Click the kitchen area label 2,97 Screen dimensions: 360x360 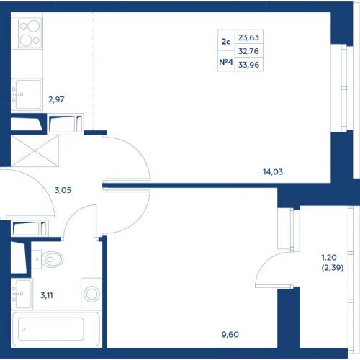(x=56, y=99)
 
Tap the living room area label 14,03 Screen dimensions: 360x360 (x=273, y=172)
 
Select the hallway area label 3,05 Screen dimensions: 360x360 (x=63, y=190)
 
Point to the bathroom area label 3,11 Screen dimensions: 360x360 (x=47, y=295)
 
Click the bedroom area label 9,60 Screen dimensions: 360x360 (x=230, y=334)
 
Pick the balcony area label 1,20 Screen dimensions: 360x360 (x=329, y=258)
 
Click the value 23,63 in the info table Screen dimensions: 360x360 (x=248, y=37)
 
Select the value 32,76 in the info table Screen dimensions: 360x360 (x=248, y=51)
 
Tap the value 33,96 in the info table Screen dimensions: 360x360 (x=248, y=65)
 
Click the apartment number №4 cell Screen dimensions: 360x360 (x=226, y=62)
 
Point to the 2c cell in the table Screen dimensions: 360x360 (x=226, y=42)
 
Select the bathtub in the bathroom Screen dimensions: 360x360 (x=56, y=329)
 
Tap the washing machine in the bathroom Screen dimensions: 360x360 (x=91, y=294)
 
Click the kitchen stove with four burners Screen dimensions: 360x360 (x=30, y=33)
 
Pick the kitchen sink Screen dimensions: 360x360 (x=27, y=94)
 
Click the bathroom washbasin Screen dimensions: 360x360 (x=22, y=294)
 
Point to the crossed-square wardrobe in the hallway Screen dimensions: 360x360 (x=35, y=151)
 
